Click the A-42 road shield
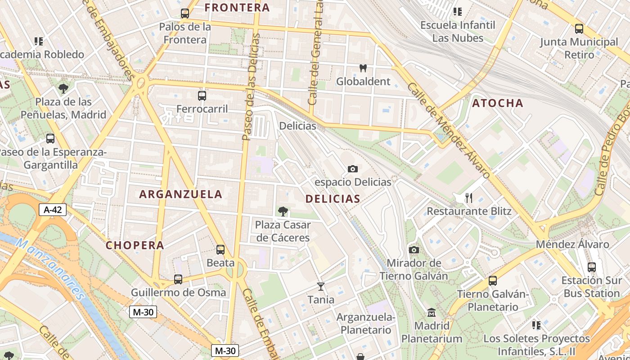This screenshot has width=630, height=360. [53, 209]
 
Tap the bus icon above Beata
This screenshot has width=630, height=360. [220, 249]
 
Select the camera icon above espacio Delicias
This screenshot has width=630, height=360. [353, 169]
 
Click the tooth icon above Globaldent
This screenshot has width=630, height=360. [363, 68]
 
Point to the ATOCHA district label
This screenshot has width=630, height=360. [498, 103]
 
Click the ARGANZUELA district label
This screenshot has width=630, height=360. [181, 194]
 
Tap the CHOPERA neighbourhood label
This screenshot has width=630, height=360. [135, 245]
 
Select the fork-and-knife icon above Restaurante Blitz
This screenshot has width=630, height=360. [468, 198]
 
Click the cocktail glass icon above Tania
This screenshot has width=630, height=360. [321, 286]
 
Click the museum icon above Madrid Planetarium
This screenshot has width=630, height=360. [432, 312]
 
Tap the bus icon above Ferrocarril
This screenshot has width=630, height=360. [202, 95]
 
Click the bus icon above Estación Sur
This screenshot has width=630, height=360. [592, 267]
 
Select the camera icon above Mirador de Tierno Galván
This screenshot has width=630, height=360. [414, 250]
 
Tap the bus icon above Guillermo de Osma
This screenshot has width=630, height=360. [178, 279]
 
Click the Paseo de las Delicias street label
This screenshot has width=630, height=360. [251, 86]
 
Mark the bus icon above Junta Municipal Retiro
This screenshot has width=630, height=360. [579, 29]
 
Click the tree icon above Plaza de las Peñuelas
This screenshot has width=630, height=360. [63, 88]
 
